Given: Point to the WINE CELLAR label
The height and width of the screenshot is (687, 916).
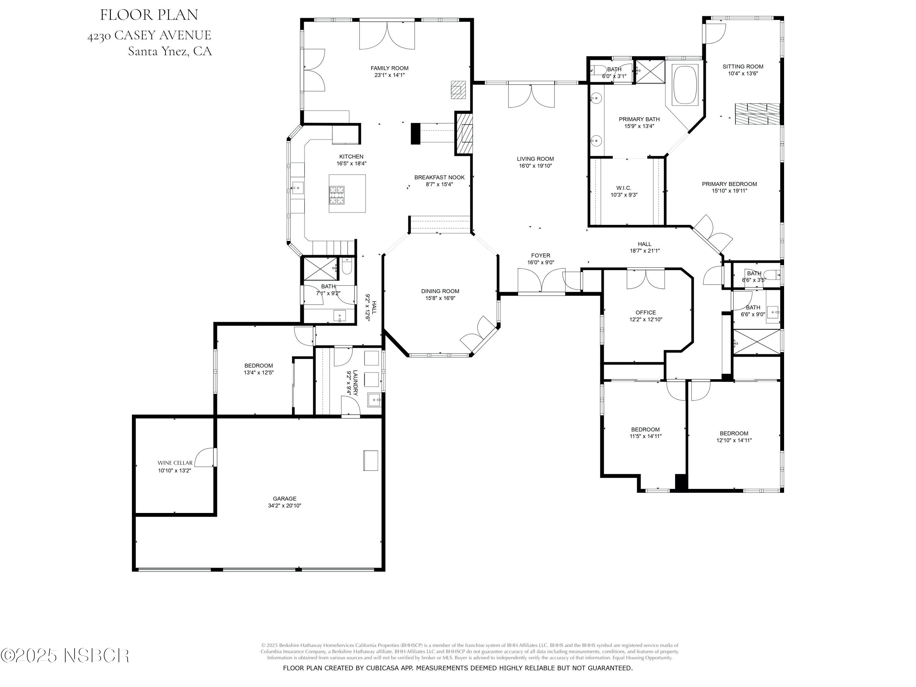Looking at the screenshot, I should pos(175,463).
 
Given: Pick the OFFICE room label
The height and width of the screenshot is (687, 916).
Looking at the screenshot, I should pos(645,313).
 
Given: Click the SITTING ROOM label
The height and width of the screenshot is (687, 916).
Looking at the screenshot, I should pos(743,67).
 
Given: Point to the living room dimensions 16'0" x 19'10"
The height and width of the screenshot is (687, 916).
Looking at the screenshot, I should pos(535,165).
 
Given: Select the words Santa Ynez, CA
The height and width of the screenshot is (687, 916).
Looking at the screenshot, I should pos(169,51).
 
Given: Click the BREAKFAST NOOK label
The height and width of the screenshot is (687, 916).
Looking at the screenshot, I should pos(439,177).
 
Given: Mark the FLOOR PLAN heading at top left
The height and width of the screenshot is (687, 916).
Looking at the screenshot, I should pos(149,15).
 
